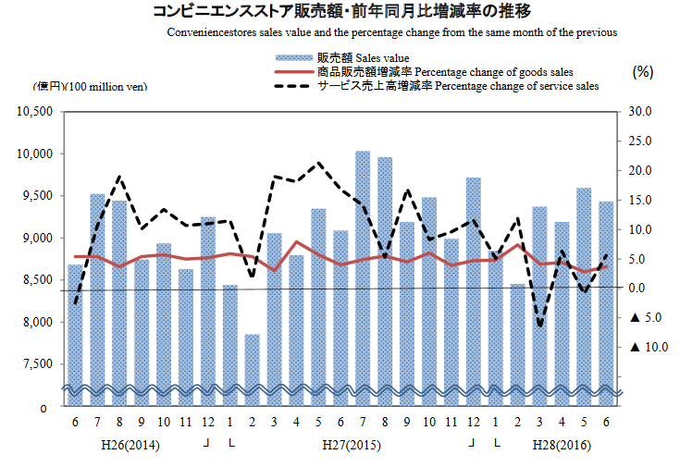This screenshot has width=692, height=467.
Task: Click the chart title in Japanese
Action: point(346,12)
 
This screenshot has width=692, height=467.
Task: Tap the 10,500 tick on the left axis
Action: point(34,112)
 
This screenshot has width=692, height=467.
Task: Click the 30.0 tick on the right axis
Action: point(640,112)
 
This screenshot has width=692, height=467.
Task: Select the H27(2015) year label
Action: point(352,445)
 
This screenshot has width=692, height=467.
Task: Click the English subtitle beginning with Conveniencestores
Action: point(392,31)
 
